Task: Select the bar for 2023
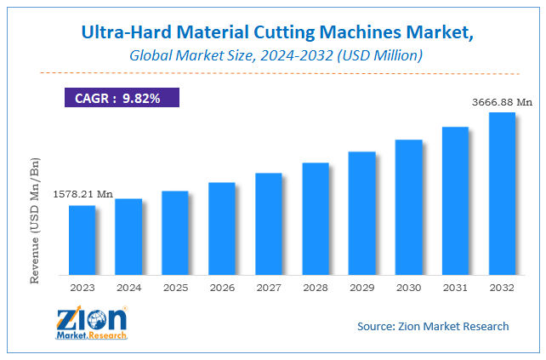[x=82, y=240]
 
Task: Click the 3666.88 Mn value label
[x=502, y=103]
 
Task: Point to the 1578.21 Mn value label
[x=82, y=194]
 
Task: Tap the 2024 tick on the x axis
[x=128, y=288]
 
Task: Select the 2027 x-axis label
[x=269, y=288]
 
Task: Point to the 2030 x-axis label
[x=408, y=288]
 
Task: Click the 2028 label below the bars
[x=316, y=288]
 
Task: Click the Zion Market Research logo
[x=91, y=323]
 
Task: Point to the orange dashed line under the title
[x=272, y=73]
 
